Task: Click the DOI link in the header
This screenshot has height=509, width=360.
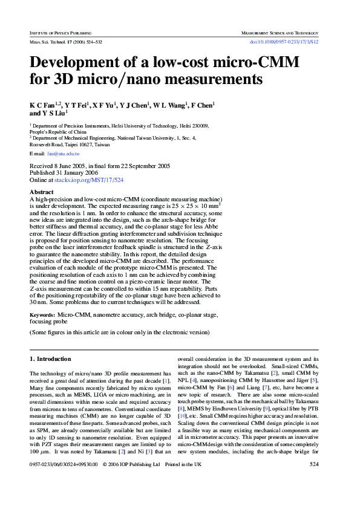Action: pos(284,41)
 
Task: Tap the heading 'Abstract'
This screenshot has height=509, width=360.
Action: pos(41,192)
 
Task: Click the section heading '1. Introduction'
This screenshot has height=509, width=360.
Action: pos(51,359)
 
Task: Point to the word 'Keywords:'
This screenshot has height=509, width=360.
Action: pos(43,315)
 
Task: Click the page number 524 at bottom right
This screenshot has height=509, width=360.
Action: pos(314,481)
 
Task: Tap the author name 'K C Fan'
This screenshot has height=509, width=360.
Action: pos(41,105)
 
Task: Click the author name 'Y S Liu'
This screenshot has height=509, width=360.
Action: pos(53,112)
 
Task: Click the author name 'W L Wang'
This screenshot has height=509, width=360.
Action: pos(171,105)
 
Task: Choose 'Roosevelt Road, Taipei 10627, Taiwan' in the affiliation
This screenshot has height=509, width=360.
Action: pos(70,144)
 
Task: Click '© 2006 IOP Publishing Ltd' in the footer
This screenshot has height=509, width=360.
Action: pos(131,481)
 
